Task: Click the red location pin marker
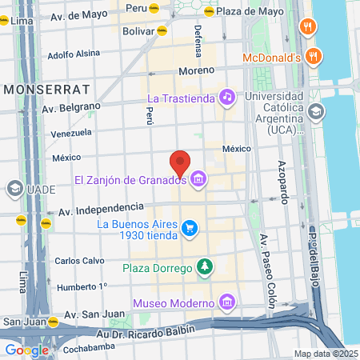pyautogui.click(x=181, y=162)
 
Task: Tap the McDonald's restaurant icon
pyautogui.click(x=313, y=57)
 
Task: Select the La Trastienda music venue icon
pyautogui.click(x=227, y=97)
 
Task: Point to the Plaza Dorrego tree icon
pyautogui.click(x=206, y=266)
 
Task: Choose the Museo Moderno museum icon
pyautogui.click(x=227, y=302)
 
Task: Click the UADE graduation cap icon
pyautogui.click(x=14, y=189)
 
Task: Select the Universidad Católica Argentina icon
pyautogui.click(x=317, y=110)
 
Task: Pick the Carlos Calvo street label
pyautogui.click(x=78, y=261)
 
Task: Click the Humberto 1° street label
pyautogui.click(x=81, y=286)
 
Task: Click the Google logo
pyautogui.click(x=26, y=350)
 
